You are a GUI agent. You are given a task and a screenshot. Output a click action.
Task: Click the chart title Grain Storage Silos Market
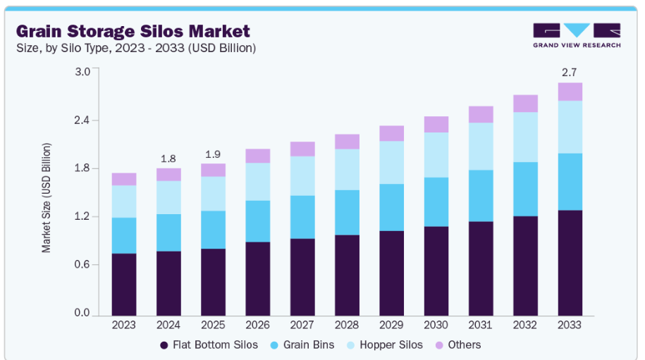133,31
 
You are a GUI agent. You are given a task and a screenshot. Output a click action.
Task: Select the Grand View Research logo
577,35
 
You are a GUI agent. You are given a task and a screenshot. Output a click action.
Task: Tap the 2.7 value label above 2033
570,72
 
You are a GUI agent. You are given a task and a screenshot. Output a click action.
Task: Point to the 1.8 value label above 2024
168,159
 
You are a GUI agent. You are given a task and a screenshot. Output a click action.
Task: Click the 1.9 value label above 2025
213,154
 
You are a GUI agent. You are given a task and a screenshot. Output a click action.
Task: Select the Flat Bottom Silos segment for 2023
124,285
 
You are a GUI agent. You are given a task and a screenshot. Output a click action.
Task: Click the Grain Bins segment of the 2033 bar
570,181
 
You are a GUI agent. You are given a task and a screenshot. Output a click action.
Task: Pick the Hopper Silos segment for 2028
347,169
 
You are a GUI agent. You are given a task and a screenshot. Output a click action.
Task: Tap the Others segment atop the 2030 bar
436,124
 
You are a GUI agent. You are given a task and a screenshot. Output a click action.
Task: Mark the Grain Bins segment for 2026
258,221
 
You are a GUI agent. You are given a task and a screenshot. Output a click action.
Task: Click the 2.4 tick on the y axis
82,120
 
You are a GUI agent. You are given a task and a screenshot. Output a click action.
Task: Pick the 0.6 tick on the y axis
82,265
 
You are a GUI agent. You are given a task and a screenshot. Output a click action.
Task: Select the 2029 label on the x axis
392,324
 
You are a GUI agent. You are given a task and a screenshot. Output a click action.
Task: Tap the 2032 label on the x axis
525,324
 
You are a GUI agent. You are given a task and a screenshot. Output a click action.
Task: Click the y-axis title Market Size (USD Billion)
47,197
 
